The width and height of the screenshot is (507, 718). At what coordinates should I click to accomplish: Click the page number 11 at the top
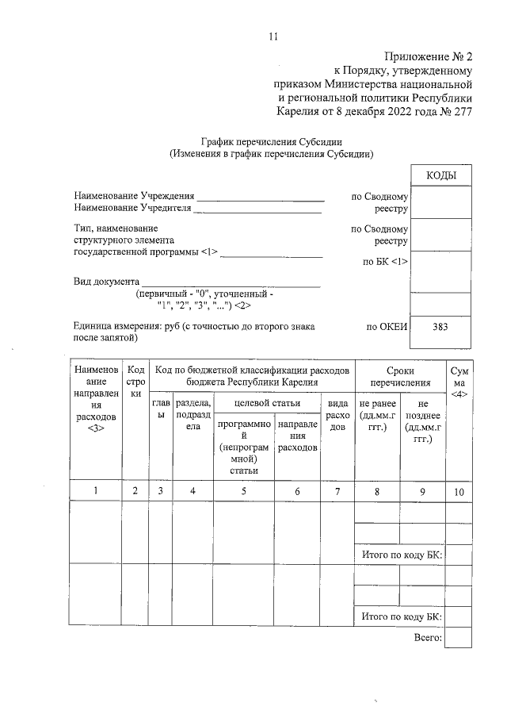point(273,36)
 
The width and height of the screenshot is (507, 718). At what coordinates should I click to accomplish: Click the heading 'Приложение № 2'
point(428,56)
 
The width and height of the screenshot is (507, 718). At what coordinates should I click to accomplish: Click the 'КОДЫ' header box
point(440,175)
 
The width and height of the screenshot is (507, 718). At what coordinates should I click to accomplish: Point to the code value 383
point(440,326)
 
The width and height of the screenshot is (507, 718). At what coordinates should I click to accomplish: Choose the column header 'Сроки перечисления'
point(399,377)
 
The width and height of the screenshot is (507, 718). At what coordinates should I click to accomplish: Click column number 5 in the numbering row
point(244,491)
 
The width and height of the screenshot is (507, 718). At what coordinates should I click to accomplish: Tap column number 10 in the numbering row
point(459,491)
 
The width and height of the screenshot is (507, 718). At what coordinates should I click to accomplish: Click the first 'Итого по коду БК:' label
point(401,554)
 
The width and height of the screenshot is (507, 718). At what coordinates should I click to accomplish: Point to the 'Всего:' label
point(427,637)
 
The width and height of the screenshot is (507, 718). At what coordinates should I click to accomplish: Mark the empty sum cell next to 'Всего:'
point(459,637)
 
